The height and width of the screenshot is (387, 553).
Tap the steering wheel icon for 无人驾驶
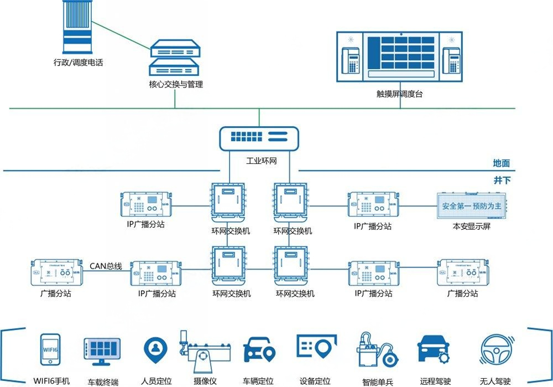[x=495, y=349]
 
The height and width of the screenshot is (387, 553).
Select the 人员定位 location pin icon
[x=155, y=349]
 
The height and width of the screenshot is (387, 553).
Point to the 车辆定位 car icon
[x=259, y=349]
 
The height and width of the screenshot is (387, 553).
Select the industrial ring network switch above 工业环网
[x=259, y=138]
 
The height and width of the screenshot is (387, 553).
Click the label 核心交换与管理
[x=175, y=85]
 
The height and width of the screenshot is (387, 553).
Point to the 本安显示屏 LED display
[x=471, y=206]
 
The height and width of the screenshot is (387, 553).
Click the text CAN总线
[x=106, y=266]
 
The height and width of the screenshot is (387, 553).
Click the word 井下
[x=502, y=180]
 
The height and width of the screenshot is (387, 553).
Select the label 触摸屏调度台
[x=399, y=94]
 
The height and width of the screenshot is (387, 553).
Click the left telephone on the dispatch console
[x=350, y=60]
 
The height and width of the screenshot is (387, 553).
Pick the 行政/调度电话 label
[x=78, y=63]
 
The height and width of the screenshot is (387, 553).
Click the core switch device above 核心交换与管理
[x=175, y=58]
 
